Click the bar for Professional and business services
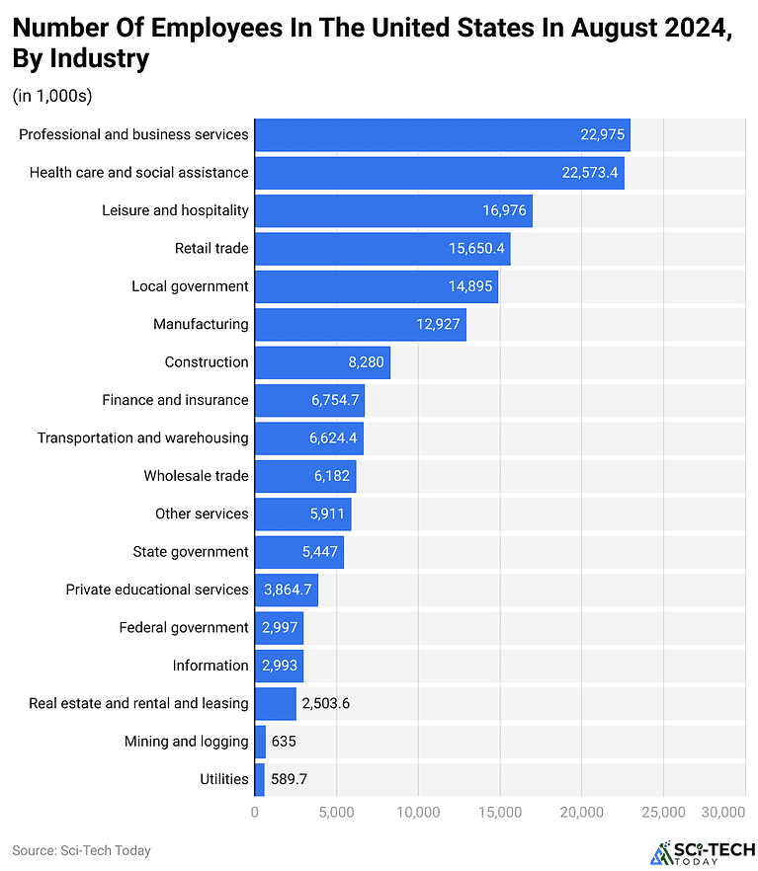pyautogui.click(x=442, y=134)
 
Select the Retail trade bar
pyautogui.click(x=381, y=248)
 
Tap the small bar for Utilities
pyautogui.click(x=259, y=779)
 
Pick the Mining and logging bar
pyautogui.click(x=260, y=741)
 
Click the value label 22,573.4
pyautogui.click(x=590, y=173)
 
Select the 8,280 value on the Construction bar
pyautogui.click(x=366, y=362)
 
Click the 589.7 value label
pyautogui.click(x=289, y=779)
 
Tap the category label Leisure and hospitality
pyautogui.click(x=175, y=210)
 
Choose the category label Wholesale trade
pyautogui.click(x=196, y=476)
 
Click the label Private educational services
pyautogui.click(x=157, y=590)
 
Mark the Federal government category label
pyautogui.click(x=184, y=627)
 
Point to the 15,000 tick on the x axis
pyautogui.click(x=499, y=812)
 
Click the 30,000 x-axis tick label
pyautogui.click(x=722, y=812)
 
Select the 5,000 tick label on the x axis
pyautogui.click(x=336, y=812)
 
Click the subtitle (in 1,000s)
pyautogui.click(x=51, y=96)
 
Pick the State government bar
pyautogui.click(x=298, y=552)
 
